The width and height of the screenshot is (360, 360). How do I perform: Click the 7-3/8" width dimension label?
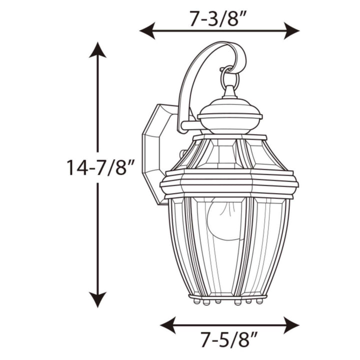point(219,20)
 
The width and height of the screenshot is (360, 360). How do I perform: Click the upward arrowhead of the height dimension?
point(97,50)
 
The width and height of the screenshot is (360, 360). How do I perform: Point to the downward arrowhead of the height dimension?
point(97,300)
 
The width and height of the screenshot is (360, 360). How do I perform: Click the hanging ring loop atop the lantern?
point(229,75)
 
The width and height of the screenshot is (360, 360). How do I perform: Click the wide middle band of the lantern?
point(229,182)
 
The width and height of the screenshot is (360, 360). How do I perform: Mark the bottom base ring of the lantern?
point(227,297)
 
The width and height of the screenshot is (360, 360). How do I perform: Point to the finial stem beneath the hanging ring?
point(229,92)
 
